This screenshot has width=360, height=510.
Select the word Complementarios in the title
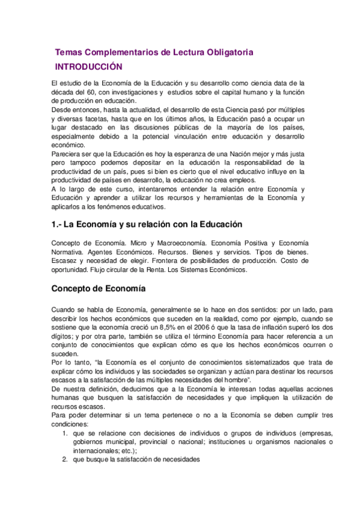tap(119, 53)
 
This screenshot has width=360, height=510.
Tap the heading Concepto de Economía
tap(99, 288)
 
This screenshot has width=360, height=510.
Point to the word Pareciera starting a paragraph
tap(69, 155)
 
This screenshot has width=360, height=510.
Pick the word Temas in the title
tap(68, 53)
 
